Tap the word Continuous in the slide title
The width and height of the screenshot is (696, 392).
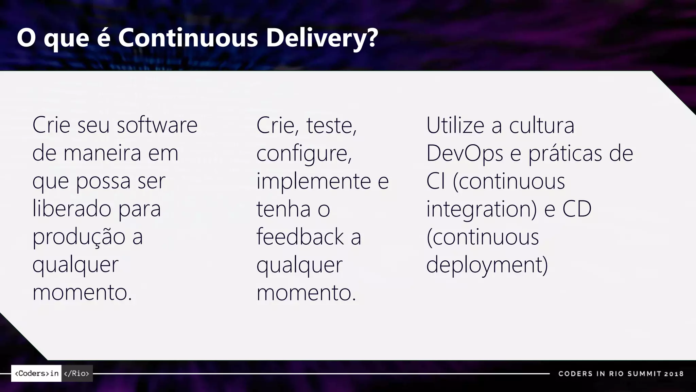188,38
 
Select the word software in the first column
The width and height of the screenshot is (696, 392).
157,125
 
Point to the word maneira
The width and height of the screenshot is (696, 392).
102,153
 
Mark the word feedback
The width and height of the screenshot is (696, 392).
300,236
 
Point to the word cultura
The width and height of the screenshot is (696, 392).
542,125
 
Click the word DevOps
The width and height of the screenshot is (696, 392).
465,153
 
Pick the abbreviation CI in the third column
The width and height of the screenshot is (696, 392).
435,181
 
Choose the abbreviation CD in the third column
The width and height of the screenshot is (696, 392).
577,209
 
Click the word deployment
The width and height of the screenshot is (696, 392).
487,265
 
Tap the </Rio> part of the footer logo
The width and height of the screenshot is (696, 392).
77,373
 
